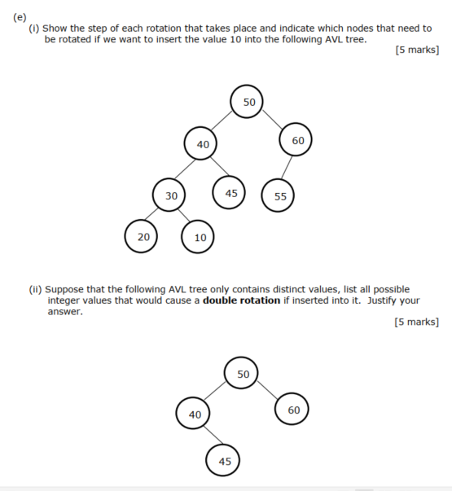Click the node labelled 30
(x=170, y=196)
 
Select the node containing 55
(x=279, y=196)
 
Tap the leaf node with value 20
(x=143, y=237)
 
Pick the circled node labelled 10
(x=200, y=238)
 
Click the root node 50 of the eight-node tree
(x=249, y=102)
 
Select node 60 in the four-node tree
(x=293, y=410)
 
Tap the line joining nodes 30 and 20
(x=156, y=217)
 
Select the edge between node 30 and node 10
(x=185, y=217)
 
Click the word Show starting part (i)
(x=58, y=28)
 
